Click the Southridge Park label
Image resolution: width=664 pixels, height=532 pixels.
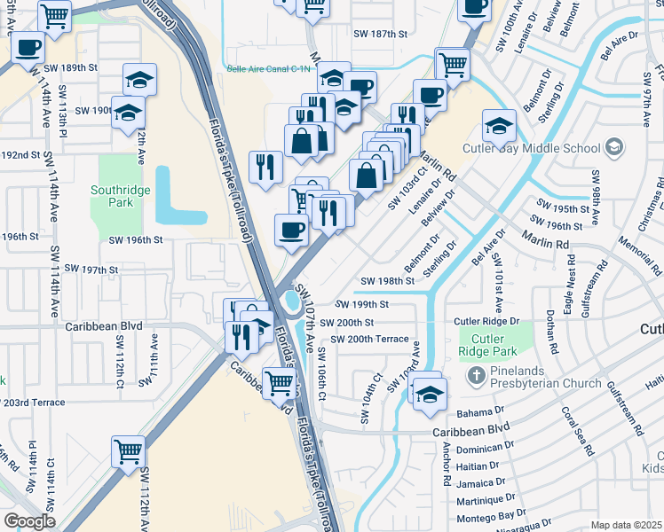112,196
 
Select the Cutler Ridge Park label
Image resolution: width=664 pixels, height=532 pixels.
486,344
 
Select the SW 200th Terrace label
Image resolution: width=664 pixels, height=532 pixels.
369,339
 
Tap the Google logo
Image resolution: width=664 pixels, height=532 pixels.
29,521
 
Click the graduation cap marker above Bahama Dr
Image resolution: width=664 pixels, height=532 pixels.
428,392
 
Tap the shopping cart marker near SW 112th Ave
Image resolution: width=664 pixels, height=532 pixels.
128,451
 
